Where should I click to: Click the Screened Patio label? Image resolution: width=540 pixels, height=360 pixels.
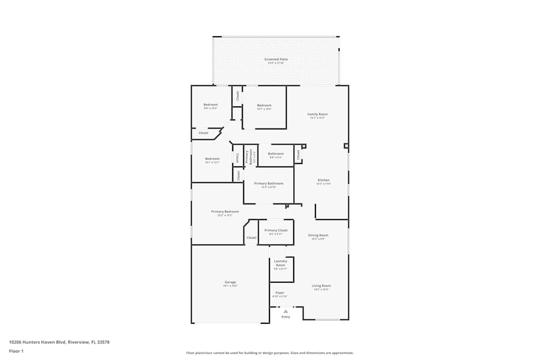tap(276, 59)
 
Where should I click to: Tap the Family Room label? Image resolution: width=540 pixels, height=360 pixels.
tap(318, 114)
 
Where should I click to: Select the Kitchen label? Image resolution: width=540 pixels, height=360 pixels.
tap(323, 180)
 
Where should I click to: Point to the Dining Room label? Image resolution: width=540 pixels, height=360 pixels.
tap(318, 235)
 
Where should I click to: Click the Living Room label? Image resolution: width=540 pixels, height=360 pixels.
tap(321, 286)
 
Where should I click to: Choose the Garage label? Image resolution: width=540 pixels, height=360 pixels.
tap(230, 282)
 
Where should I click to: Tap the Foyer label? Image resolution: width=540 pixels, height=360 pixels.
tap(280, 293)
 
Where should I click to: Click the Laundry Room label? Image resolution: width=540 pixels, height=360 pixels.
tap(280, 263)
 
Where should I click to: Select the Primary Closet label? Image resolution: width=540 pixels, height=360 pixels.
tap(276, 230)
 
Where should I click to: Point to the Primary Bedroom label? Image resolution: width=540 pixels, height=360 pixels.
tap(225, 212)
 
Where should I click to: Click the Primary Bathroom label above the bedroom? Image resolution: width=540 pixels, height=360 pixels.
tap(268, 184)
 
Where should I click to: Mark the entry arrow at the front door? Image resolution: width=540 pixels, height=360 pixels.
tap(286, 311)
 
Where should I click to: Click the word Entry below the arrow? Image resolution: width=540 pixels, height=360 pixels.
tap(286, 317)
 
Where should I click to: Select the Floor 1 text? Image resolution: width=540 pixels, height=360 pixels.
tap(16, 351)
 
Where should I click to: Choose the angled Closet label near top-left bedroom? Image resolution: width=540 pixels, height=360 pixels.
tap(203, 133)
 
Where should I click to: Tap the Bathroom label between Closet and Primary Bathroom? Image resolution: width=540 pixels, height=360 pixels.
tap(275, 154)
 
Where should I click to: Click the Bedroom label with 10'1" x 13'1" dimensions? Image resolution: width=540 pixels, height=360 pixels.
tap(212, 159)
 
